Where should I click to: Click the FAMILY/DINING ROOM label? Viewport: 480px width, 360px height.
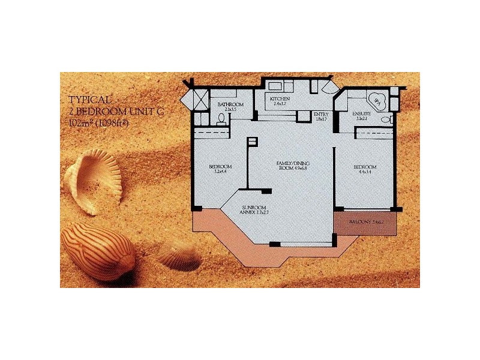pyautogui.click(x=292, y=165)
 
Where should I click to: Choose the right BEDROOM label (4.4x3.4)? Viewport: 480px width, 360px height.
pyautogui.click(x=364, y=169)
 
